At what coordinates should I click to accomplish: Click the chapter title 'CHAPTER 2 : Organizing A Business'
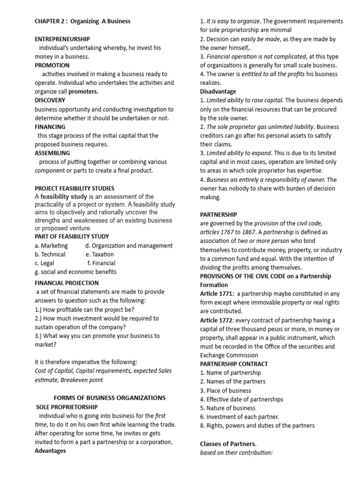click(x=82, y=21)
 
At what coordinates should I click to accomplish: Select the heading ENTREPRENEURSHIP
click(x=62, y=39)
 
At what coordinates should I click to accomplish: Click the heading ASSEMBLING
click(x=52, y=153)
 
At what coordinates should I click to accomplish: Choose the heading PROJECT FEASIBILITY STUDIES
click(x=75, y=188)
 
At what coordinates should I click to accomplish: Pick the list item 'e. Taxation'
click(x=100, y=254)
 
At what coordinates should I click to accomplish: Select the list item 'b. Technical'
click(x=50, y=254)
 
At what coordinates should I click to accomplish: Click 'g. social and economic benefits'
click(x=76, y=272)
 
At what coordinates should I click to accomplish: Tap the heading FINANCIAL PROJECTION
click(x=67, y=283)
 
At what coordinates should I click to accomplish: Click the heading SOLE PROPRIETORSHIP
click(x=67, y=407)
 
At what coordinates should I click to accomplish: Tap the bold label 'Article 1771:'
click(x=217, y=293)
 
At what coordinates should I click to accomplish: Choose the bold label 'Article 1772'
click(x=216, y=320)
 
